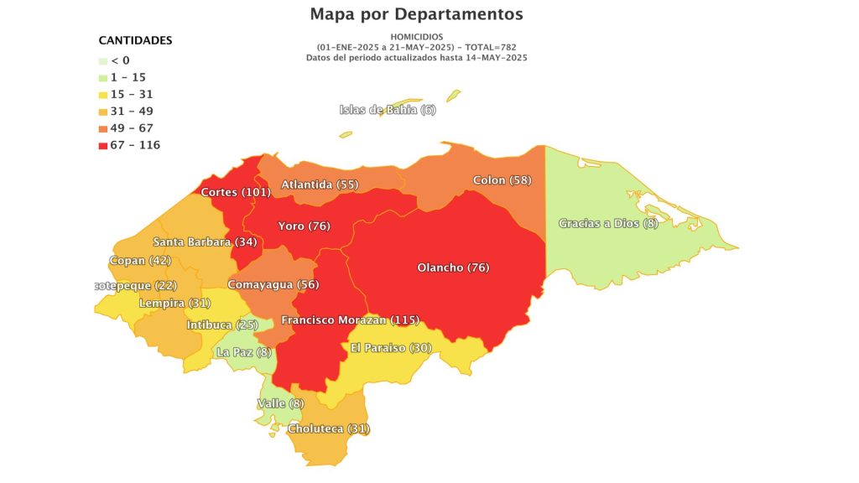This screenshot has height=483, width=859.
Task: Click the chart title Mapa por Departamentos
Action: pos(416,14)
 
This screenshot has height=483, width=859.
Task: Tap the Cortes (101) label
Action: pos(236,193)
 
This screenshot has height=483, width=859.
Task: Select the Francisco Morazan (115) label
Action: pos(350,320)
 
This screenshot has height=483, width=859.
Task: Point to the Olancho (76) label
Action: pos(453,267)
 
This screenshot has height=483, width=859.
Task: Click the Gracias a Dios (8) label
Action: pos(608,223)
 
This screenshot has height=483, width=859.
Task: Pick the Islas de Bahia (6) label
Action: pos(388,111)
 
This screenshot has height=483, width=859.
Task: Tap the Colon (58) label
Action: pos(502,180)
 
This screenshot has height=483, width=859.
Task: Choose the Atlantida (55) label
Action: pos(320,184)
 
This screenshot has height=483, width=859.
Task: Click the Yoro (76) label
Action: pos(305,226)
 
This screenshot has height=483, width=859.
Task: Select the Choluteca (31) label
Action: pos(328,428)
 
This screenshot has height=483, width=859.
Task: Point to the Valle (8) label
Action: pos(280,404)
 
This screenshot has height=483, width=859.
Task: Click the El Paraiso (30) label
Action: pos(391,348)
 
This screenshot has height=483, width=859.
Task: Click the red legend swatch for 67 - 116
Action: pos(103,145)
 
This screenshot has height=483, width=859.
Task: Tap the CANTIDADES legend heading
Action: pos(135,40)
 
